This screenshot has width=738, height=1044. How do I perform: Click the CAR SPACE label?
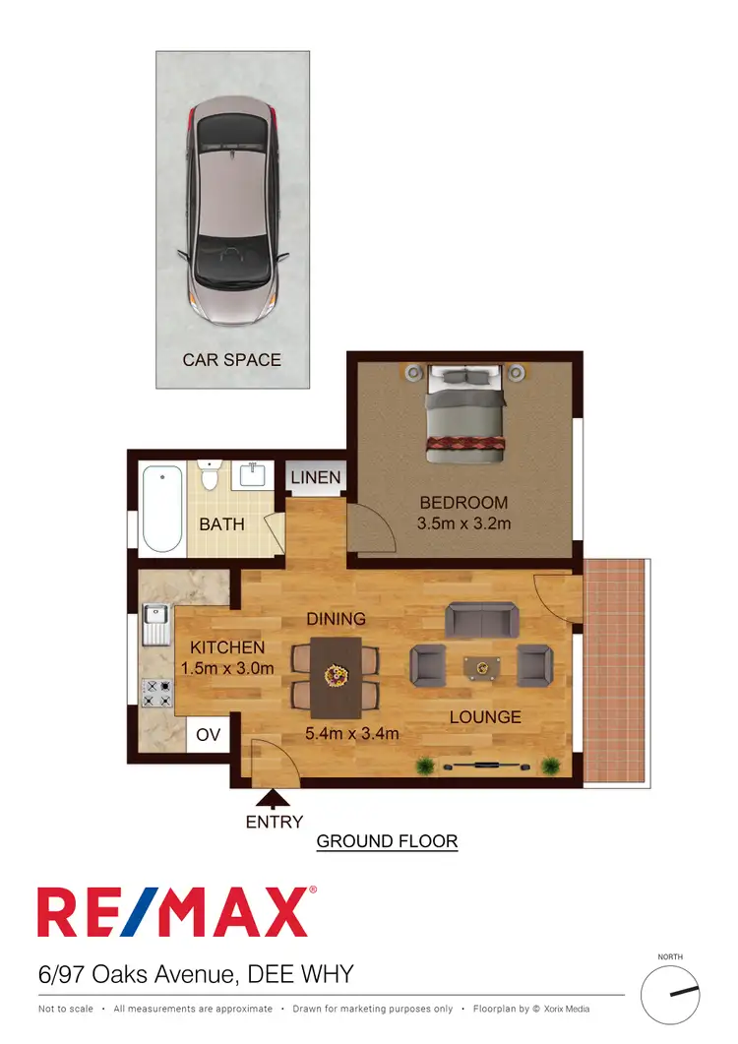tap(231, 360)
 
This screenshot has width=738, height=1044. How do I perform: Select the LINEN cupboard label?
tap(316, 478)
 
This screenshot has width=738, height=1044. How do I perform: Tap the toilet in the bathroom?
tap(209, 474)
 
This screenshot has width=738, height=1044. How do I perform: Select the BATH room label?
tap(221, 524)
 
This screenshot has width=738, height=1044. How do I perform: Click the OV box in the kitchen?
tap(209, 734)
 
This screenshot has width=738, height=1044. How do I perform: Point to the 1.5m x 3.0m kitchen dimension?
tap(227, 668)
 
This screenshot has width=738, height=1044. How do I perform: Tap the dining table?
tap(337, 677)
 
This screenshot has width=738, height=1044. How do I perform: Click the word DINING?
tap(336, 619)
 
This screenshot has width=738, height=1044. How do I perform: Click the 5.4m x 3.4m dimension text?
tap(353, 733)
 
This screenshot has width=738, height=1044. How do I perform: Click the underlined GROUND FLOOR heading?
tap(387, 841)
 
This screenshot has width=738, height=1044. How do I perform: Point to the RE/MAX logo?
tap(177, 912)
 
